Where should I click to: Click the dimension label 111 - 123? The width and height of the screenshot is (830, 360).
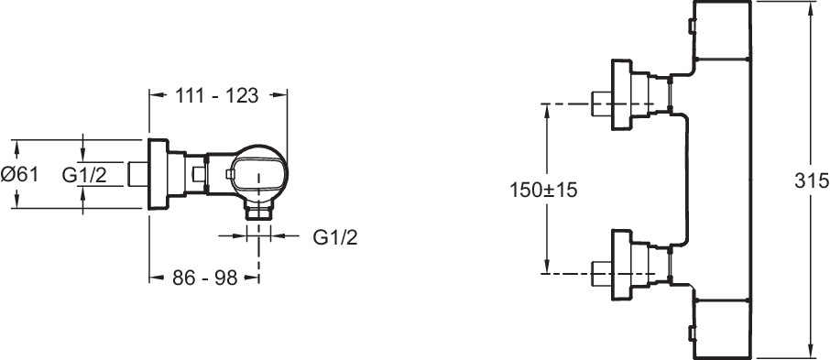[216, 96]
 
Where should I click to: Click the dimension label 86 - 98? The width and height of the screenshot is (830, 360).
[205, 278]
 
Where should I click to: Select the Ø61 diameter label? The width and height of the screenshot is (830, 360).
[19, 174]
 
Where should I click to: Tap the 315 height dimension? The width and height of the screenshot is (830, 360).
[812, 181]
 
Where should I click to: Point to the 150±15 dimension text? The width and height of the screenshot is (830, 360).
[543, 190]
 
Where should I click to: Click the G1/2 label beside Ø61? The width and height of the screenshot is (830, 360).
[84, 174]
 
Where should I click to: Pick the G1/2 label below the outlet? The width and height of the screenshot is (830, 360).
[335, 237]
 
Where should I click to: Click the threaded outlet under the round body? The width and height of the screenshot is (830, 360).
[258, 213]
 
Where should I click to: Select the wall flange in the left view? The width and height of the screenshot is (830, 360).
[158, 175]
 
